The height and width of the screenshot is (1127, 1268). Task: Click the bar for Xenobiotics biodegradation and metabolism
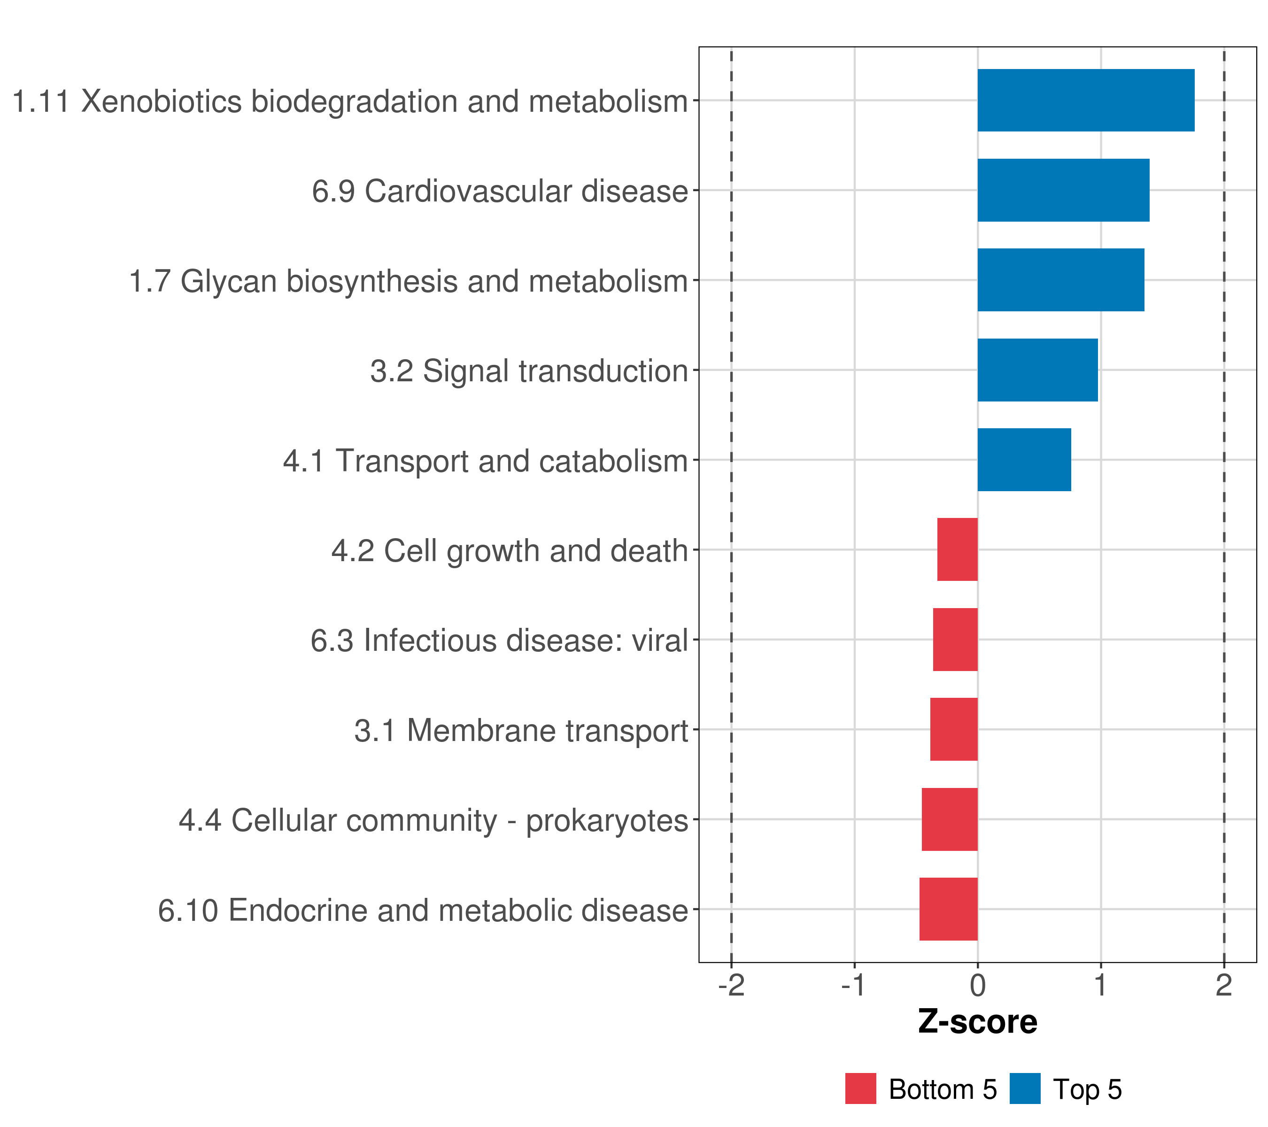point(1086,100)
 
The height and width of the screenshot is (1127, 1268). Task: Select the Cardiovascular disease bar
point(1063,191)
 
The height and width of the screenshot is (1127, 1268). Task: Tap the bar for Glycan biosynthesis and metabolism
point(1061,280)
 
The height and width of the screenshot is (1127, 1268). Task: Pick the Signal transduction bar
point(1037,371)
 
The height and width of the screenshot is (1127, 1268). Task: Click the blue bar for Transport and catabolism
point(1024,460)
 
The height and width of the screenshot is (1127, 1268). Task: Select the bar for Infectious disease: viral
point(955,640)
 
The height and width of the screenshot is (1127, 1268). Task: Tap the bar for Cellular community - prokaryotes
point(949,819)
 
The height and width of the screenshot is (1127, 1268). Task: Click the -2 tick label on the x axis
point(731,986)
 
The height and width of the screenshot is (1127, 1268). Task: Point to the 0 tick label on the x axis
point(978,986)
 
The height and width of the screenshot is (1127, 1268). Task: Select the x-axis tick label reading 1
point(1100,986)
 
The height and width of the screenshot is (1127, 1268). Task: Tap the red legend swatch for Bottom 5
point(860,1089)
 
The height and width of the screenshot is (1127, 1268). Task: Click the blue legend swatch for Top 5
point(1025,1089)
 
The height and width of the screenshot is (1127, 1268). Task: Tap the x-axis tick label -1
point(854,986)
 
